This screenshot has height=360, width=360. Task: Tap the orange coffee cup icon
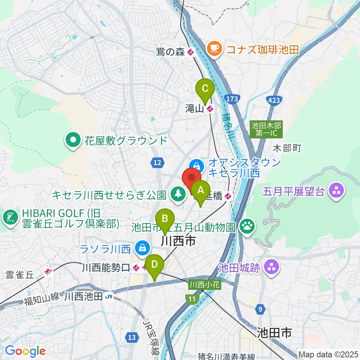214,49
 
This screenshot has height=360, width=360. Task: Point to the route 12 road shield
157,162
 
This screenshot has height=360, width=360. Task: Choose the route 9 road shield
259,309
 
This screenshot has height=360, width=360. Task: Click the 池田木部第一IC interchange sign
267,129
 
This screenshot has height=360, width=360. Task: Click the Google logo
25,351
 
